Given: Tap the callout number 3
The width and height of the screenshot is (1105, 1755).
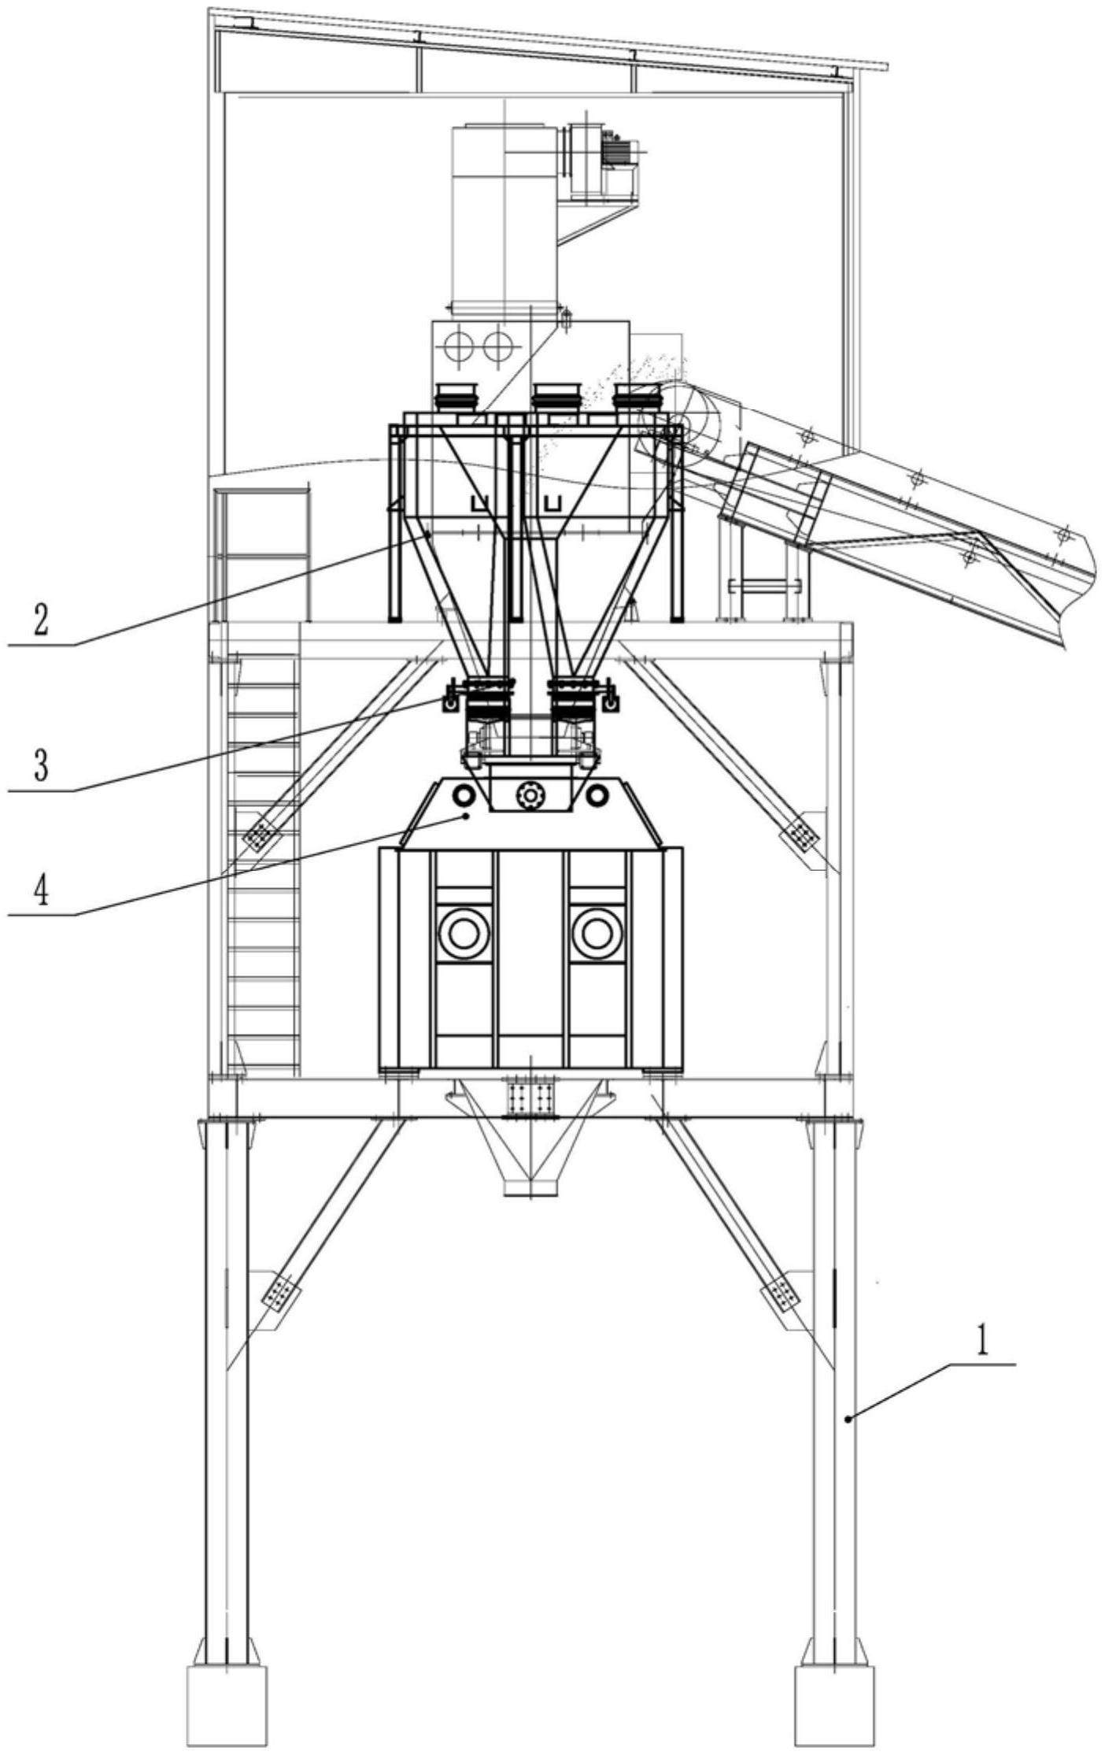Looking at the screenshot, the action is (x=40, y=765).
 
